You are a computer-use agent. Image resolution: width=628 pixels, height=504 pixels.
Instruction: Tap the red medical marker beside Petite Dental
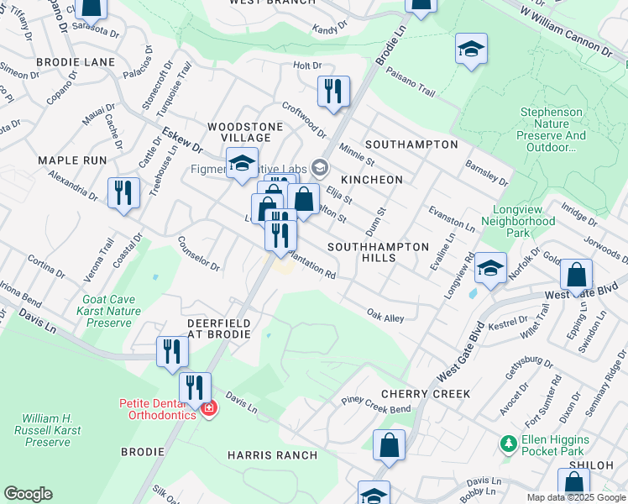209,409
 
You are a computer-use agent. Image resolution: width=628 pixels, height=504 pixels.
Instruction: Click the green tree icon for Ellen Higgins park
507,443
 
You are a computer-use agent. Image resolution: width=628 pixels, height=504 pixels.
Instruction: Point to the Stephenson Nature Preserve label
552,129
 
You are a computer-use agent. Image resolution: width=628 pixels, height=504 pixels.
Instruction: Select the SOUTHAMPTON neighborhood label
411,144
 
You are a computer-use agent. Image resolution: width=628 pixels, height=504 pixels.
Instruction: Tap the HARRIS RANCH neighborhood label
272,455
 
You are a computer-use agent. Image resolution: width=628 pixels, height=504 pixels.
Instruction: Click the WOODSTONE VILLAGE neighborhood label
252,132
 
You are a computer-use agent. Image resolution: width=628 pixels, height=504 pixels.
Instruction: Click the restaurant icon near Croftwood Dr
333,92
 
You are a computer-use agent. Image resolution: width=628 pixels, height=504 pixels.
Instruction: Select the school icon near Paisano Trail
471,50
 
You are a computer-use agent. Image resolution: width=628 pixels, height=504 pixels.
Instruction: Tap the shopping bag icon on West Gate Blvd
576,275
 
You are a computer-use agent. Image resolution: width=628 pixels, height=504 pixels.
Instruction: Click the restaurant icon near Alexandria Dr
124,192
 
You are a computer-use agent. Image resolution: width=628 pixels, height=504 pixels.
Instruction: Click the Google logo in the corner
28,495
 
